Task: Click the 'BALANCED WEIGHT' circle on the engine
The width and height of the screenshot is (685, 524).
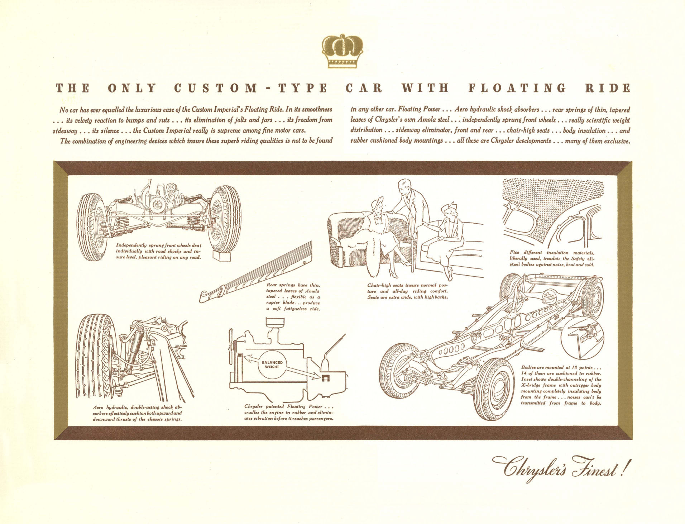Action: (272, 365)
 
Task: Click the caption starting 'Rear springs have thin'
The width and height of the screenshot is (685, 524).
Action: (293, 297)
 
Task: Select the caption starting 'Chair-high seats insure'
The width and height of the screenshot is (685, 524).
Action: (407, 291)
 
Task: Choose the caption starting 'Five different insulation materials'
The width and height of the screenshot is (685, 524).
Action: (552, 258)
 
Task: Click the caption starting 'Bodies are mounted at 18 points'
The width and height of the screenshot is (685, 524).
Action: (561, 385)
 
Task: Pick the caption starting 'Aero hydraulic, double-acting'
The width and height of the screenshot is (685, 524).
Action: (137, 413)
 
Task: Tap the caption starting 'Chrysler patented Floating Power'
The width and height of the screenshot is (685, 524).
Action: (289, 413)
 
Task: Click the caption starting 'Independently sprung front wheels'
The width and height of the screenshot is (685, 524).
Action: (158, 251)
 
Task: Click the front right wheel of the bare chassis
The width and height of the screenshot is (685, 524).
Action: (494, 389)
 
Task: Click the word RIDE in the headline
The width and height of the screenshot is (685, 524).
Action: (608, 88)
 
